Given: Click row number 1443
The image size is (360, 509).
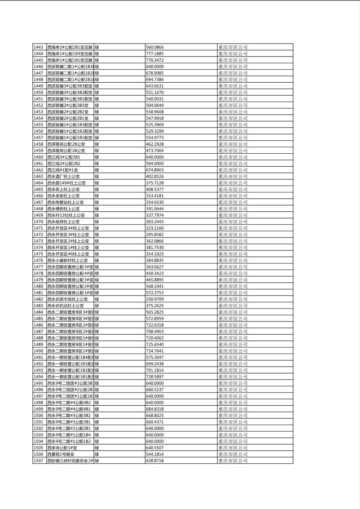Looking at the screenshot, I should (x=38, y=47).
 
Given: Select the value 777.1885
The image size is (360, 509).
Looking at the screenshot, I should (x=155, y=54).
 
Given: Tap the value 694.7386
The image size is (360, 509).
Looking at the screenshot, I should (x=155, y=79).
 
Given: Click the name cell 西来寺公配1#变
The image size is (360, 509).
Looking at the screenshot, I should (x=62, y=448).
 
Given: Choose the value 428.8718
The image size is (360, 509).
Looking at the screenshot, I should (x=155, y=461).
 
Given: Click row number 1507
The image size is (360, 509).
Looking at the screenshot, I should (x=38, y=461).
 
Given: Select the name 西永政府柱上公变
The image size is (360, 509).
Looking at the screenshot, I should (x=63, y=221).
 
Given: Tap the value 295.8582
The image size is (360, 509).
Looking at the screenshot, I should (x=155, y=234).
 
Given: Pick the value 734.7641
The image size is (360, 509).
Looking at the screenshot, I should (x=155, y=351).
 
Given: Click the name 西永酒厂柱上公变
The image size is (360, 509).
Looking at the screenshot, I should (x=63, y=176).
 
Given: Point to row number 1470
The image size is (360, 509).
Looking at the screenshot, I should (x=38, y=221).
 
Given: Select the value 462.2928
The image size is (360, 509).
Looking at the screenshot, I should (x=155, y=144).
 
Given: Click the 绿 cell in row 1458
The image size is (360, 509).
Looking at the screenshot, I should (x=97, y=144).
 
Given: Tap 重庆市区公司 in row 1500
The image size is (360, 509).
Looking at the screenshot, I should (x=233, y=415).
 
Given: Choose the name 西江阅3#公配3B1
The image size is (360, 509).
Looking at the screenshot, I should (x=64, y=157).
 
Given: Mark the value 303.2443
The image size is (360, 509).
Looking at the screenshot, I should (x=155, y=221).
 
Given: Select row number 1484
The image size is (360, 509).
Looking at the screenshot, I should (x=38, y=312).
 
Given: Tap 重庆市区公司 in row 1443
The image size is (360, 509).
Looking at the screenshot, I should (x=233, y=47).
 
